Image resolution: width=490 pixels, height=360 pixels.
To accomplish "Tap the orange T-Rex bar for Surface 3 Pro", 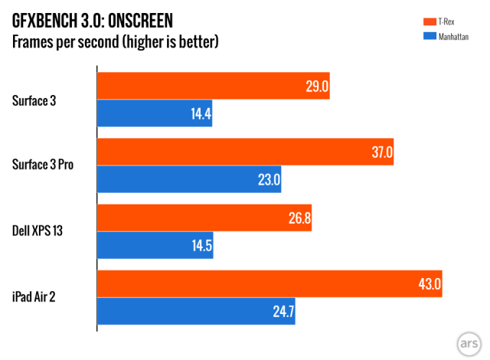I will point(245,152).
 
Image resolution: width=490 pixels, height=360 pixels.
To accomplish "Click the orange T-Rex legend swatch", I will point(422,21).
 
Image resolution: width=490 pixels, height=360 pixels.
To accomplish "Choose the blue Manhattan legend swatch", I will point(422,36).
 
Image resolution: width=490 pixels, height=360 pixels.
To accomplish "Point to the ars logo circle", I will point(469,340).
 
